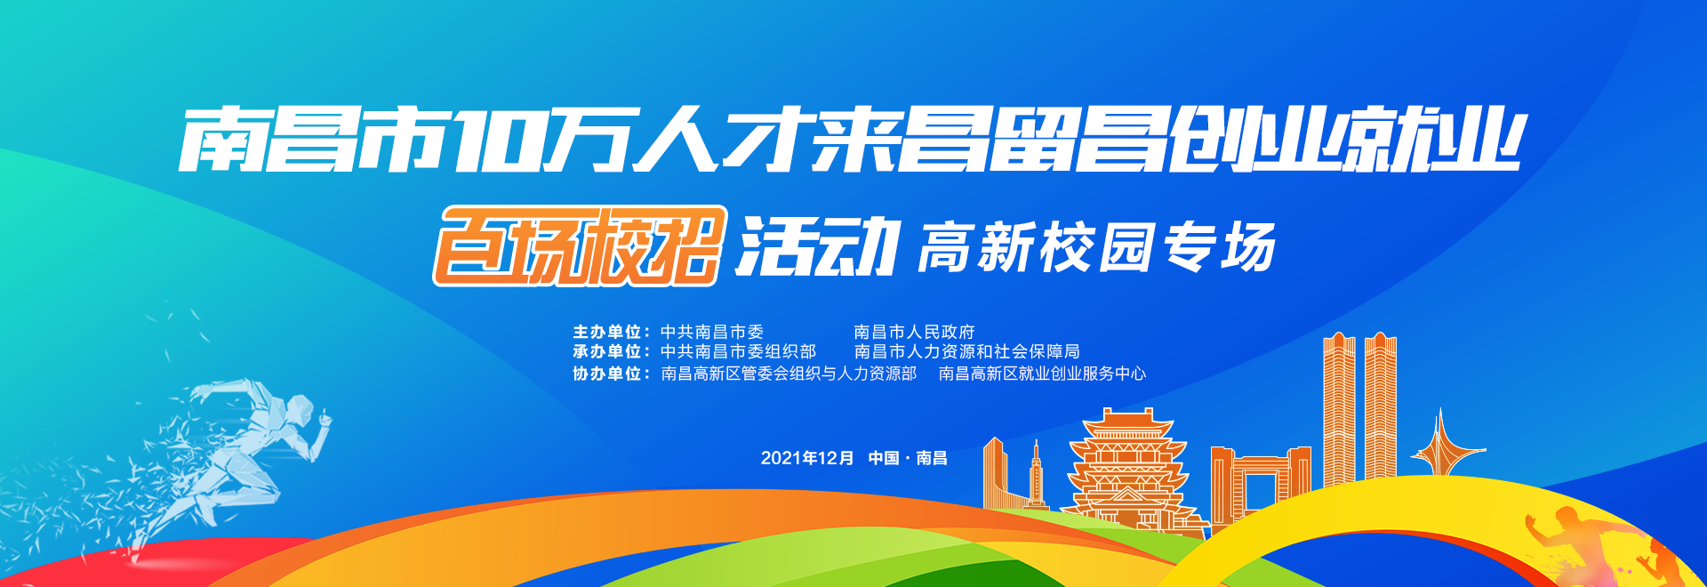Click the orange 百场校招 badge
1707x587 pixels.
[580, 246]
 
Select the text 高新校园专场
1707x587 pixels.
[1097, 247]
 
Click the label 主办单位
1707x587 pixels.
[606, 333]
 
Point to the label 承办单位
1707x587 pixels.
[606, 352]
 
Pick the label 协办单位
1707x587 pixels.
[606, 374]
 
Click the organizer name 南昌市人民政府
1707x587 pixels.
[914, 333]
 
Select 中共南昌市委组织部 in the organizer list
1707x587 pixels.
[738, 352]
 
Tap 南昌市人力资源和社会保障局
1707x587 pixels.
[967, 352]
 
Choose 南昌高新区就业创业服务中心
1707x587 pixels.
[1042, 374]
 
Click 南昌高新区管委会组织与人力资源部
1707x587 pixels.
[789, 374]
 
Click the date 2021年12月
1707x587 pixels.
[806, 458]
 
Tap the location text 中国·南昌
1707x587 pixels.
[908, 458]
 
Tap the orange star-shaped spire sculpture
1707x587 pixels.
[1440, 445]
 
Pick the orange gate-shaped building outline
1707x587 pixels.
[1260, 480]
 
